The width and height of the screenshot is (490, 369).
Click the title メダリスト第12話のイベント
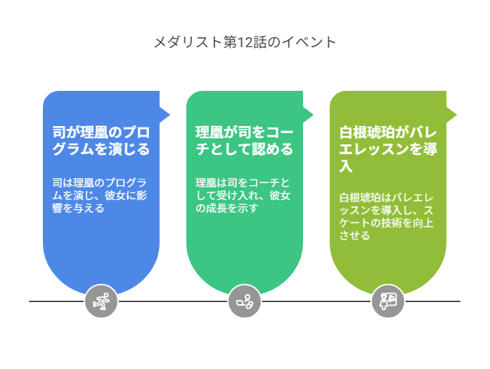(245, 42)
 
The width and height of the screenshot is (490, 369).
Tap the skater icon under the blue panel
(101, 301)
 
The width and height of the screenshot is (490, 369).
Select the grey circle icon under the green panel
(245, 301)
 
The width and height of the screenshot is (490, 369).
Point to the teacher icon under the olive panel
(388, 301)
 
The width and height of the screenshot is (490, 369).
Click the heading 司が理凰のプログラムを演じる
(101, 141)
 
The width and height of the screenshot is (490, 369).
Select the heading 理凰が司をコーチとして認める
(245, 141)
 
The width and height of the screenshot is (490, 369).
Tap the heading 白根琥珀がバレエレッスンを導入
(388, 149)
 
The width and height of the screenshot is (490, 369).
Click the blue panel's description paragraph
(99, 195)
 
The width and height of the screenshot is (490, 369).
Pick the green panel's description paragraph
(243, 195)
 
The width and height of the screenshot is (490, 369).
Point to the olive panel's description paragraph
(386, 217)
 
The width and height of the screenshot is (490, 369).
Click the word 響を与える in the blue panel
(78, 208)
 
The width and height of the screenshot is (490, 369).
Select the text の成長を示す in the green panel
(227, 208)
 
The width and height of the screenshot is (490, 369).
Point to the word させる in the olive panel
(355, 235)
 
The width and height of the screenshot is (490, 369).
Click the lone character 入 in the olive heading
(346, 166)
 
